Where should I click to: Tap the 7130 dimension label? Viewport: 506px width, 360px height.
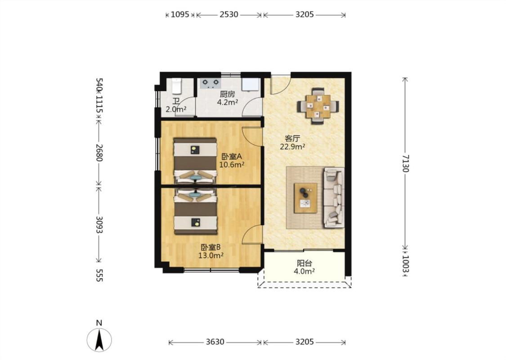point(406,163)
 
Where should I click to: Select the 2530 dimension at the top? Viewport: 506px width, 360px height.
point(229,14)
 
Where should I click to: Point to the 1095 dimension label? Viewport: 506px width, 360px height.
point(180,14)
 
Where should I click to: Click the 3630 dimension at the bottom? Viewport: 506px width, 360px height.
point(215,342)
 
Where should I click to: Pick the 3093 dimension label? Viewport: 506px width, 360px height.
point(99,225)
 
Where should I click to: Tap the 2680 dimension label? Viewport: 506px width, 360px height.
point(99,153)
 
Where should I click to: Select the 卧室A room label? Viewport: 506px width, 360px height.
point(232,157)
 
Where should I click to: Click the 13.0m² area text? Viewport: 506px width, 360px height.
point(211,256)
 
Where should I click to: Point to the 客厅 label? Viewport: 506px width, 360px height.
point(292,139)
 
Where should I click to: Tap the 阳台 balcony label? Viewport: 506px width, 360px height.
point(304,263)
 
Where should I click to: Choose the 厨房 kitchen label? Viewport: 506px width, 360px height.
point(228,94)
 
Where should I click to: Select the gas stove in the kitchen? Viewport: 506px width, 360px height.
point(210,83)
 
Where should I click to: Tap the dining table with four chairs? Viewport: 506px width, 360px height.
point(318,106)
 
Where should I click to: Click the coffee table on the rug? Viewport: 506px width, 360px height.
point(305,198)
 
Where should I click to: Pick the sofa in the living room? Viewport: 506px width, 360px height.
point(334,197)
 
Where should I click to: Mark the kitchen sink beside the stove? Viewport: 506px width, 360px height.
point(251,84)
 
